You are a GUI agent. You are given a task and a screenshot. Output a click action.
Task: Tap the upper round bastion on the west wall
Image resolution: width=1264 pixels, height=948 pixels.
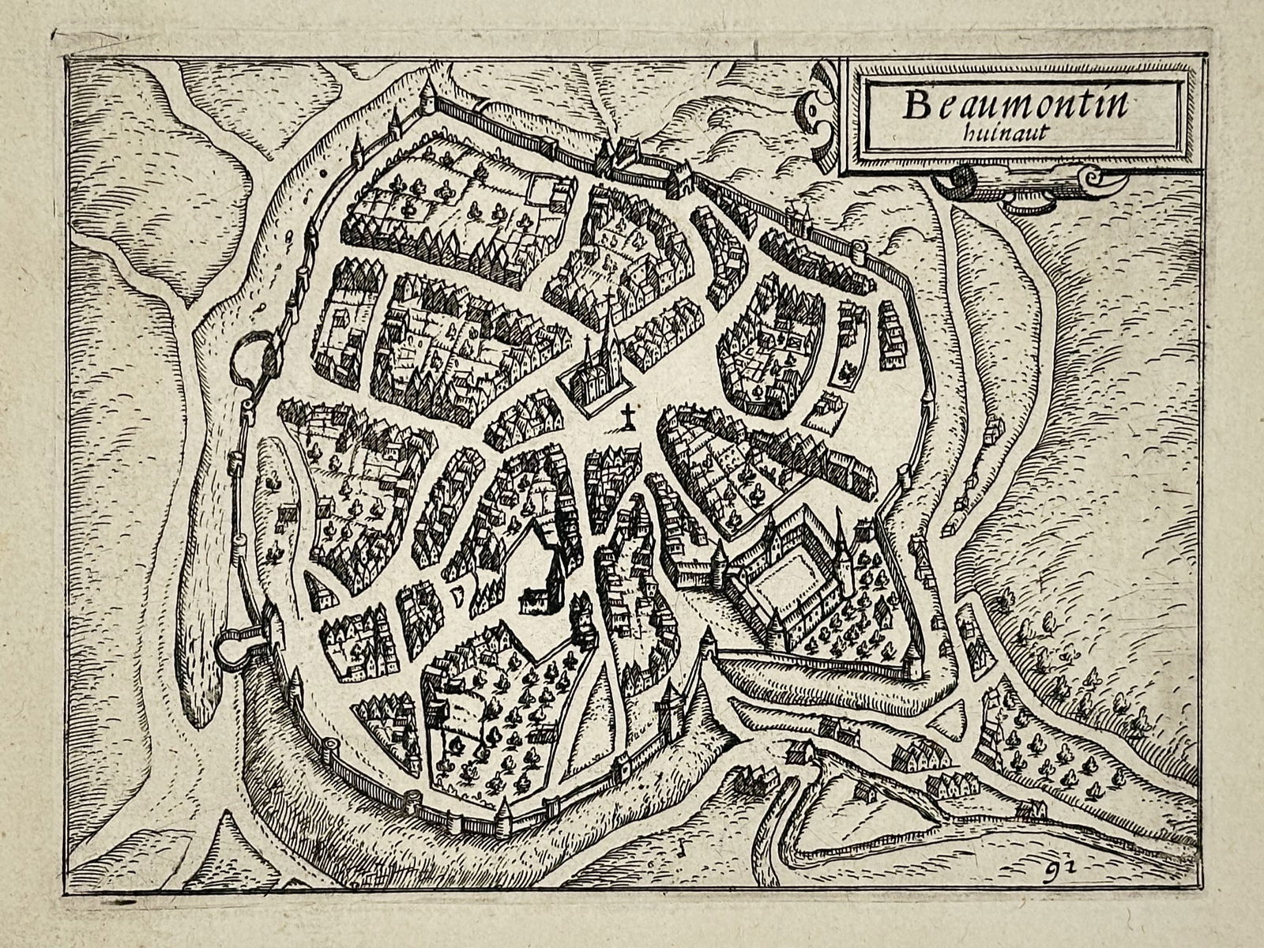pyautogui.click(x=251, y=358)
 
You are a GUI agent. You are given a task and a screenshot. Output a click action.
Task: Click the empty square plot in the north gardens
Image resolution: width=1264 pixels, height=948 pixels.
pyautogui.click(x=541, y=190)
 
